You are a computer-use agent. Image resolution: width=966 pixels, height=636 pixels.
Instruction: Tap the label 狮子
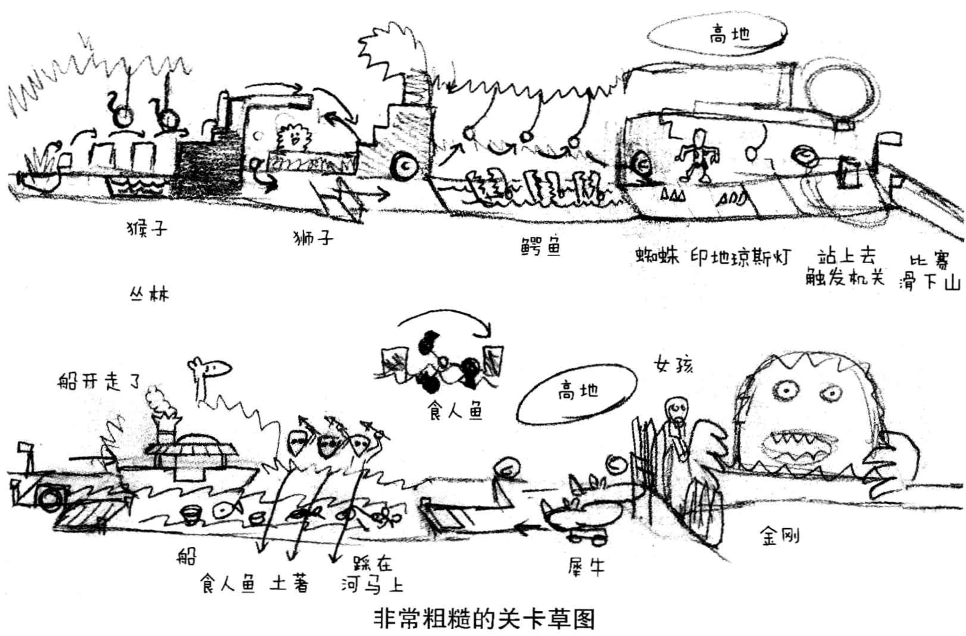point(313,238)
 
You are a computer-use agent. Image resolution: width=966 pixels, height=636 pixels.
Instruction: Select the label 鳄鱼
point(540,248)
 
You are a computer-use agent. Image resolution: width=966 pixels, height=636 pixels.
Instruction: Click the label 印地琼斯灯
point(741,257)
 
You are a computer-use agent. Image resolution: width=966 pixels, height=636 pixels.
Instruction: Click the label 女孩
point(673,365)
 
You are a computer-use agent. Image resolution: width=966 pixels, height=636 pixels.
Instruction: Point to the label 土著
point(289,585)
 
